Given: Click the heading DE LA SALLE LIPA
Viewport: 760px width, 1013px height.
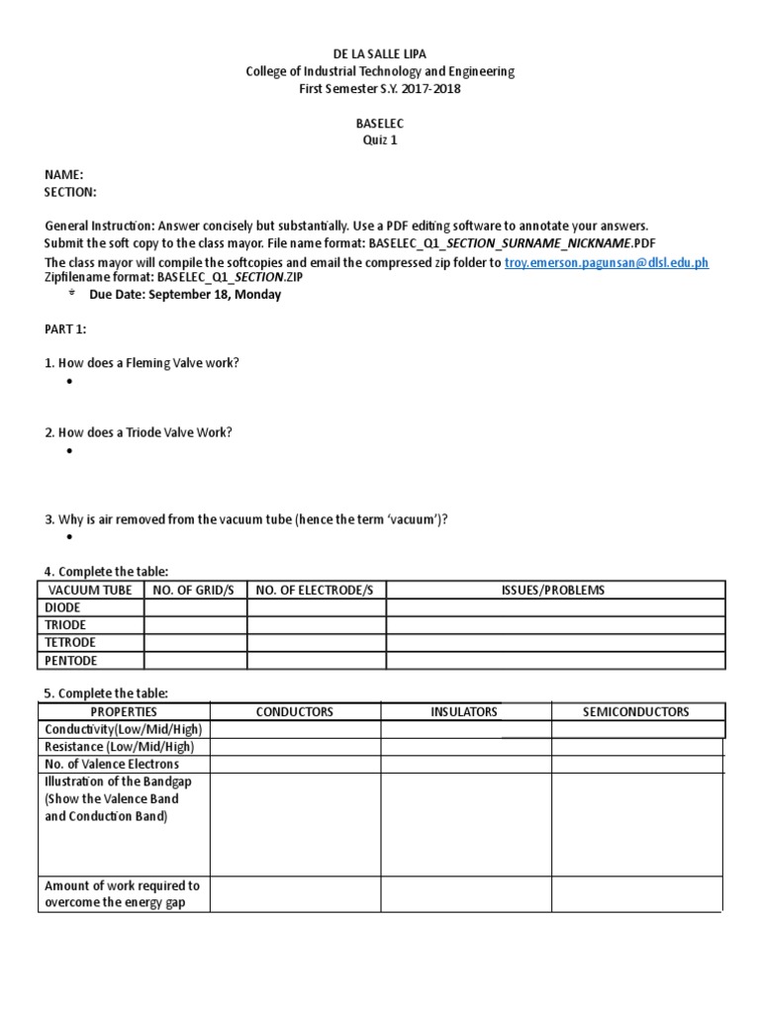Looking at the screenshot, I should (380, 54).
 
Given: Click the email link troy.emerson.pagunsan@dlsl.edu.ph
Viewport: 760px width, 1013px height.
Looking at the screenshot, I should (607, 262).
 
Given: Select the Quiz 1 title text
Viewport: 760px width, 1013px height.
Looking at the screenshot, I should (380, 140).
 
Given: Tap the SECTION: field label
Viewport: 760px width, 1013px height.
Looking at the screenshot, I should (70, 191).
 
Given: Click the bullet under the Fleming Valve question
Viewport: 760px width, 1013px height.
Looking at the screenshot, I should (70, 382).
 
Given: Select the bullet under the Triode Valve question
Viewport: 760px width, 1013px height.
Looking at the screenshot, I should (70, 451).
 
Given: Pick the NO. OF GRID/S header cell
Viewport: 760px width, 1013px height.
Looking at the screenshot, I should (195, 591).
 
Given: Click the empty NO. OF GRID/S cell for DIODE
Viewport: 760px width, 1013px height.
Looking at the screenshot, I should (195, 607).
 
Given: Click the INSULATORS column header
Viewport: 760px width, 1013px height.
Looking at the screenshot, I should (465, 711).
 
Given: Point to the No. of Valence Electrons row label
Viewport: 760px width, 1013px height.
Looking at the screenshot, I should (112, 765).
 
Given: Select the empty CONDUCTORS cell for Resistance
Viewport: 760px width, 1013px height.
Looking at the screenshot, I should (295, 747).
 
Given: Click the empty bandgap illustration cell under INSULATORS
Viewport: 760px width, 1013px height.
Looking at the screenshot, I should (465, 824).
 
